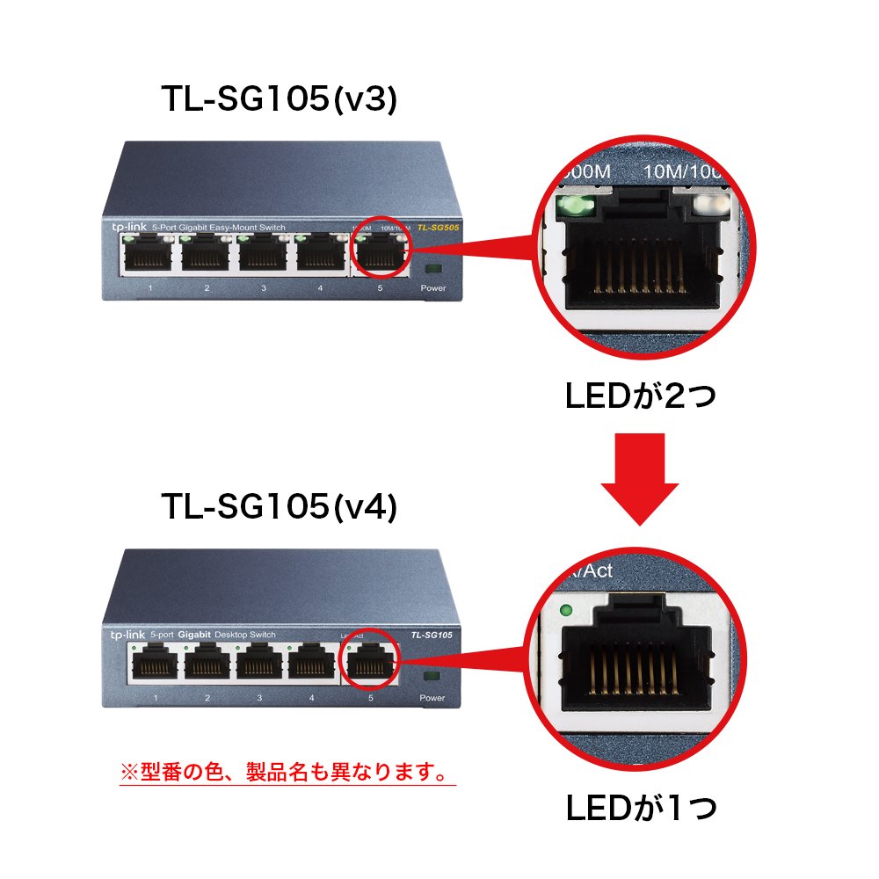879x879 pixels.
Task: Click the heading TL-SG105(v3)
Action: [280, 100]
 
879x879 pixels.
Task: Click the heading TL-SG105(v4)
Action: [280, 506]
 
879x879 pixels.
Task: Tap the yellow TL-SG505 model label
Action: [436, 228]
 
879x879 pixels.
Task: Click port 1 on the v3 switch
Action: [150, 255]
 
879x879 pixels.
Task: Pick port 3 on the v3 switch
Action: [264, 255]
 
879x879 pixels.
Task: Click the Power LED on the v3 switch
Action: [432, 269]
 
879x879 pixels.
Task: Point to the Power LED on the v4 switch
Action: [431, 677]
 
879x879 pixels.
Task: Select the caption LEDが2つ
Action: [641, 397]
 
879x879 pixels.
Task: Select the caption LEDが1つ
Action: [641, 806]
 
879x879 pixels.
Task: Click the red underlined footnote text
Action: [287, 773]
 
